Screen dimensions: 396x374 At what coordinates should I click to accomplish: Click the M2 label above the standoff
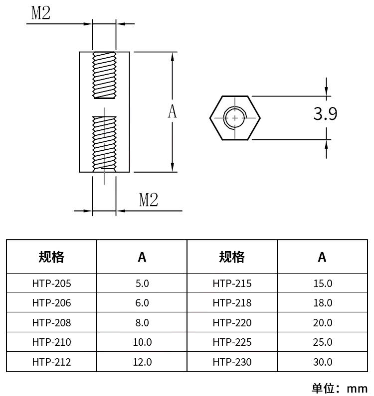(41, 13)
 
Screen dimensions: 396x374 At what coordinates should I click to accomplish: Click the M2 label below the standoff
(148, 200)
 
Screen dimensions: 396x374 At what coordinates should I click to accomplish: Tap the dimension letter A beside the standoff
(172, 112)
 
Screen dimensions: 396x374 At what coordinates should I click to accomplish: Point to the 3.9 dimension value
(325, 114)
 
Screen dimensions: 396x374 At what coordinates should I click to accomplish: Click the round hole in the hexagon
(235, 118)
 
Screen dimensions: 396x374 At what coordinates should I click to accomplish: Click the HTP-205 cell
(51, 284)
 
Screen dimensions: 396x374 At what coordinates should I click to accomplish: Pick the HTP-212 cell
(51, 362)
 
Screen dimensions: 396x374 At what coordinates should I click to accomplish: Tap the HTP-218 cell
(232, 303)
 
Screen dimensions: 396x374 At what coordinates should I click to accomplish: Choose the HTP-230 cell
(232, 362)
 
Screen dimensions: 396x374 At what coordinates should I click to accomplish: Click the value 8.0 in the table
(142, 322)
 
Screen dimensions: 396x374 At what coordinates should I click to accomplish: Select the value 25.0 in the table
(322, 342)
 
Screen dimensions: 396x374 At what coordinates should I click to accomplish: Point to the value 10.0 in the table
(142, 342)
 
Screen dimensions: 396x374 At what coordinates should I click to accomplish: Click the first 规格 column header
(51, 257)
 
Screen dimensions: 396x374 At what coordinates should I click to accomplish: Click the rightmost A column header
(322, 257)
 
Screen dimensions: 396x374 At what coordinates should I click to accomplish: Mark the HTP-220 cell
(232, 322)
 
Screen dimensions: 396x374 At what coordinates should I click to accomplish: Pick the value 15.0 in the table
(322, 284)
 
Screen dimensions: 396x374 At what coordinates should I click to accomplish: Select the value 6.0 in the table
(142, 303)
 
